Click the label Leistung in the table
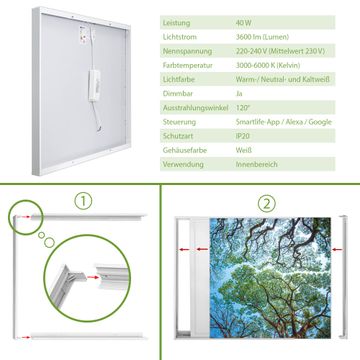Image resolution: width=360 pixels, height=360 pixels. click(x=176, y=23)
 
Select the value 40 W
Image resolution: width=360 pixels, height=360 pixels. click(x=244, y=23)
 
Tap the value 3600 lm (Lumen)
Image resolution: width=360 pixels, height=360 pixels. click(x=262, y=37)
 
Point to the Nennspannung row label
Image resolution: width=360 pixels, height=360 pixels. click(x=187, y=51)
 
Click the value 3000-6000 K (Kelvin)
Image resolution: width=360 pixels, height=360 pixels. click(x=268, y=65)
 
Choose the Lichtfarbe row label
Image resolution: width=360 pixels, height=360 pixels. click(x=179, y=80)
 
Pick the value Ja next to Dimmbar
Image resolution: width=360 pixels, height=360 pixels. click(x=239, y=94)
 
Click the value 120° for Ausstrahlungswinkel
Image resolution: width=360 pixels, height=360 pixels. click(x=242, y=108)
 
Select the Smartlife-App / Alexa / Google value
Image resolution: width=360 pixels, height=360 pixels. click(x=284, y=122)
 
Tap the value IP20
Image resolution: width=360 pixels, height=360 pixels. click(x=243, y=136)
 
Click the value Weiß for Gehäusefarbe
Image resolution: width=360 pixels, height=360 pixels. click(x=244, y=150)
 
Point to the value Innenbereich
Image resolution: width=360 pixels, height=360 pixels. click(x=256, y=164)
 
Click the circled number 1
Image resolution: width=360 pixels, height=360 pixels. click(x=83, y=201)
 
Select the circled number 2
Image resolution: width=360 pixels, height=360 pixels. click(x=267, y=203)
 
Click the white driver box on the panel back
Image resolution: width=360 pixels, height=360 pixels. click(x=94, y=85)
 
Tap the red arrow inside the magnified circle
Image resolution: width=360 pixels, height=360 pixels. click(x=94, y=277)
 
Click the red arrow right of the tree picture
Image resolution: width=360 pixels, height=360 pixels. click(x=337, y=249)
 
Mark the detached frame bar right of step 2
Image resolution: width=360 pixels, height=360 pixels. click(x=343, y=277)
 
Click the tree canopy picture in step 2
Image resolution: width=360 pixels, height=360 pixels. click(x=270, y=278)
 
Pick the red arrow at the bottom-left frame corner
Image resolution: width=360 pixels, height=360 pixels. click(x=24, y=337)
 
